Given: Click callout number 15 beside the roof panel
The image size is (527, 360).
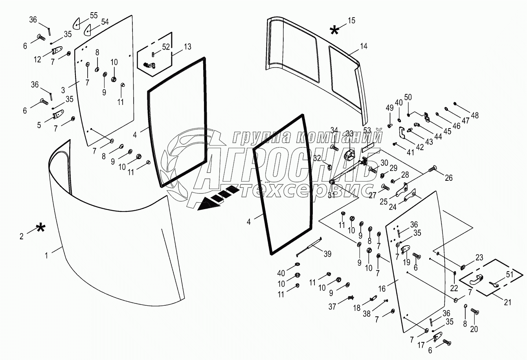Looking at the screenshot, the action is [x=351, y=21].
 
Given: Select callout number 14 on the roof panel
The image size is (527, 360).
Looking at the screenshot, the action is [x=364, y=46].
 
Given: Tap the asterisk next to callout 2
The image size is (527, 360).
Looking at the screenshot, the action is [x=40, y=228].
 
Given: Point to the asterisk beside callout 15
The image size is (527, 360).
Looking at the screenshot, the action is [x=334, y=31].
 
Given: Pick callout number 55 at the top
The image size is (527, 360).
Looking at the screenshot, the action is [x=94, y=16].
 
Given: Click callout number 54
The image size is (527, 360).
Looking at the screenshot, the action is [x=105, y=22].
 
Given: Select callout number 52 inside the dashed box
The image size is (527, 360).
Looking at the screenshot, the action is [x=166, y=47].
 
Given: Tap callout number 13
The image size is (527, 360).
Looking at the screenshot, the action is [x=187, y=47].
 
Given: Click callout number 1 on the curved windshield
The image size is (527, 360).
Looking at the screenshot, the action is [x=46, y=255].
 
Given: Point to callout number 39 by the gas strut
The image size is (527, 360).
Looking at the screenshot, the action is [x=327, y=254].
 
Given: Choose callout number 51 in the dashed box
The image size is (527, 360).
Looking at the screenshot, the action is [x=510, y=274].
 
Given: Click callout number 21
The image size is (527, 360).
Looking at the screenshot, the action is [x=507, y=302].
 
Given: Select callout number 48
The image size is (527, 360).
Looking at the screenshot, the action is [x=475, y=115].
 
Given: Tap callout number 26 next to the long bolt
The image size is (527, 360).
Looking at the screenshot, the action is [x=448, y=178].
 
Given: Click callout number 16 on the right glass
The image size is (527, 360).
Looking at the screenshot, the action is [x=382, y=288].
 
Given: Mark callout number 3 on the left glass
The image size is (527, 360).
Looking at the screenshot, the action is [x=63, y=90].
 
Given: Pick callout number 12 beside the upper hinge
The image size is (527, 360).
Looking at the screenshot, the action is [x=37, y=59].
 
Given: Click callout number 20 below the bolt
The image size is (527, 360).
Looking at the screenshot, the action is [x=474, y=329].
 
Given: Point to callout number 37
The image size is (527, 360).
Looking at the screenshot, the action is [x=332, y=307].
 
